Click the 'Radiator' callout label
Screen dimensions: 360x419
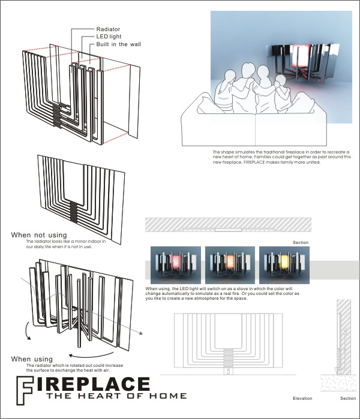(108, 29)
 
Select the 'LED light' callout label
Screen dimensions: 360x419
(109, 37)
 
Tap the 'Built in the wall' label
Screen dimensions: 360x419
(118, 44)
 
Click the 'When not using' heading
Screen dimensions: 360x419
(39, 235)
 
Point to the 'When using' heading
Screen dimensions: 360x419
(32, 359)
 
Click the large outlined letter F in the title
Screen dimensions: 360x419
(25, 390)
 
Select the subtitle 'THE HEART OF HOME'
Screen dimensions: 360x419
(116, 396)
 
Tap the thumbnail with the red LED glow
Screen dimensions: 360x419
(176, 265)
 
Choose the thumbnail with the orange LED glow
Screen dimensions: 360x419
(230, 265)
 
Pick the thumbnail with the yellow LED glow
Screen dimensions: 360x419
(284, 265)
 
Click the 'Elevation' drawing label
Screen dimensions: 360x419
(302, 399)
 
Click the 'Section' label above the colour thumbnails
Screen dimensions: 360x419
(301, 242)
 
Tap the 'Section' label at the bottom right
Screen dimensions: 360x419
(348, 399)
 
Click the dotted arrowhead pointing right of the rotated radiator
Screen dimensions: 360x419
(141, 333)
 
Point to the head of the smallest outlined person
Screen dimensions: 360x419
(280, 80)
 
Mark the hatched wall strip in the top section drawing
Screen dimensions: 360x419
(228, 224)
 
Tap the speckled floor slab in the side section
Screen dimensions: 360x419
(338, 383)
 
